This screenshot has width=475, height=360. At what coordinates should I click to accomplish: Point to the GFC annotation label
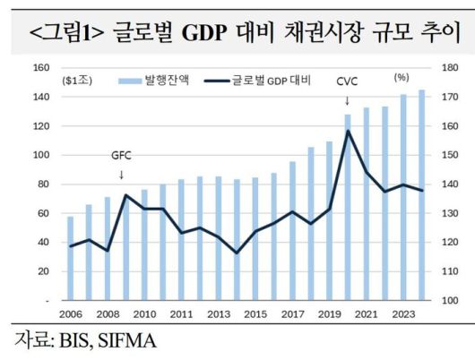tap(121, 154)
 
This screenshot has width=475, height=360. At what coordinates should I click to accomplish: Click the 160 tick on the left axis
tap(40, 68)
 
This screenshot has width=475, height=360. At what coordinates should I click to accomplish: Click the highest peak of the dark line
tap(348, 131)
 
